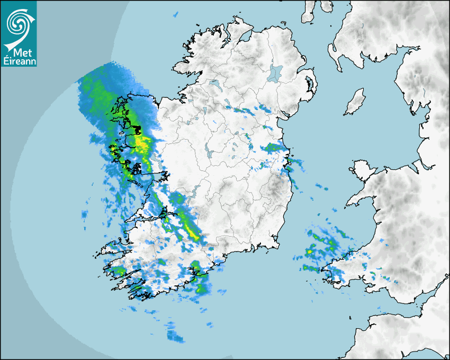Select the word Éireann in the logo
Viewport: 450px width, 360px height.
click(x=19, y=61)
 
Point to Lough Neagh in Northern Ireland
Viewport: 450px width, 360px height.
click(x=276, y=73)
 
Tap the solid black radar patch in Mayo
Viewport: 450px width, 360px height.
click(x=136, y=129)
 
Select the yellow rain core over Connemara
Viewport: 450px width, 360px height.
click(x=141, y=142)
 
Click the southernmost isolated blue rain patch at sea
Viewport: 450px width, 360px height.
click(x=174, y=336)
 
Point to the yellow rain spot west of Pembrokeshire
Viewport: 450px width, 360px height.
click(x=309, y=251)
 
